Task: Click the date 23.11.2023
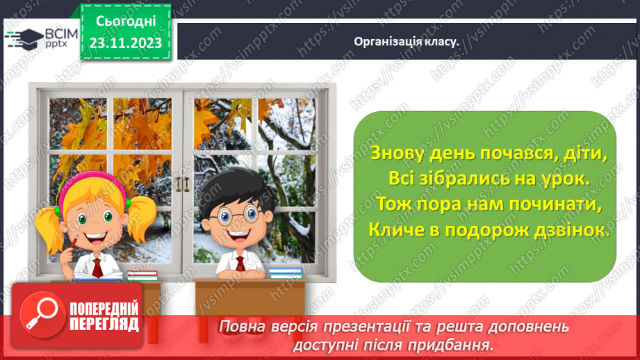point(125,42)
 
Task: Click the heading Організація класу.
point(407,41)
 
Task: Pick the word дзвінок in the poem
point(569,230)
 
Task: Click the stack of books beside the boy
point(285,272)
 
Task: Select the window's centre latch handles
point(182,183)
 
